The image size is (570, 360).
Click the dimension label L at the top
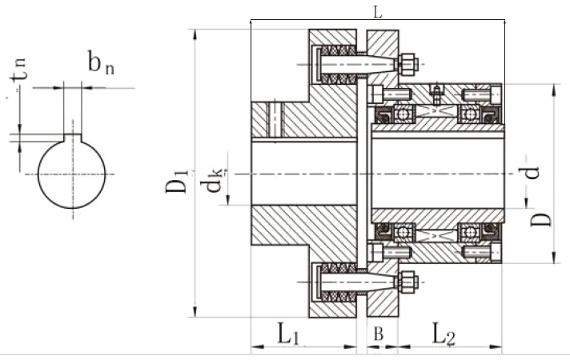pos(378,12)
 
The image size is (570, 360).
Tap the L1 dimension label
pos(289,334)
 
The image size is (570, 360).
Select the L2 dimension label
pos(444,334)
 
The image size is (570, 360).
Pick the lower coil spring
pos(335,280)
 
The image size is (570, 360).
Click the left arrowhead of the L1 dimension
pos(255,348)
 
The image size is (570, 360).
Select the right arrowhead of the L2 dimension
pos(500,348)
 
